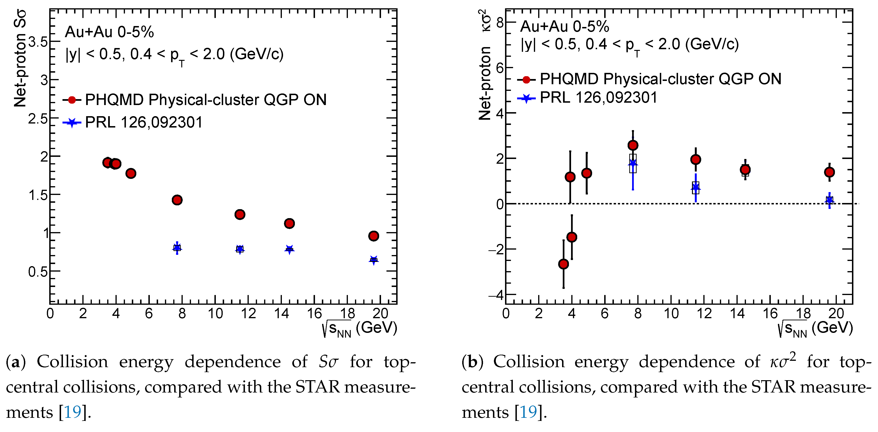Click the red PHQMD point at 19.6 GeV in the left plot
click(x=373, y=236)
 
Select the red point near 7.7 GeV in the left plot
click(x=177, y=200)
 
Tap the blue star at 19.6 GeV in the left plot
click(x=373, y=260)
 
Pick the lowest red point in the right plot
click(x=563, y=264)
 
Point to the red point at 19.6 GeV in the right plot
click(x=829, y=172)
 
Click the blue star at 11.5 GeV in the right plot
click(x=696, y=187)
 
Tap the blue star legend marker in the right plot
click(x=527, y=98)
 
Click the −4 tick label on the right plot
click(x=496, y=295)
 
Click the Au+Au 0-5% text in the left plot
click(x=109, y=32)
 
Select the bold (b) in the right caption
click(x=472, y=362)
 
